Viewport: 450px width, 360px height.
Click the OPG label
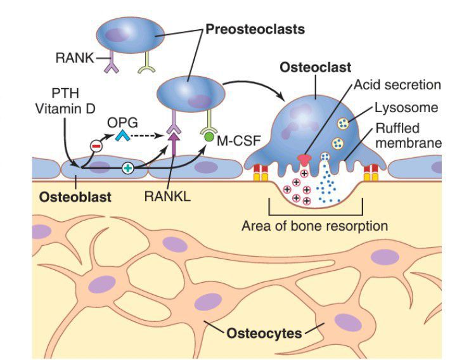pyautogui.click(x=128, y=119)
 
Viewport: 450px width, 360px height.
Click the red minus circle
pyautogui.click(x=96, y=146)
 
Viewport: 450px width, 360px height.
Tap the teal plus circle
pyautogui.click(x=127, y=169)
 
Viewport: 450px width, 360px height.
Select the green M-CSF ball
pyautogui.click(x=208, y=135)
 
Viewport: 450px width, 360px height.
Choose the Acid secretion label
pyautogui.click(x=397, y=84)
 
